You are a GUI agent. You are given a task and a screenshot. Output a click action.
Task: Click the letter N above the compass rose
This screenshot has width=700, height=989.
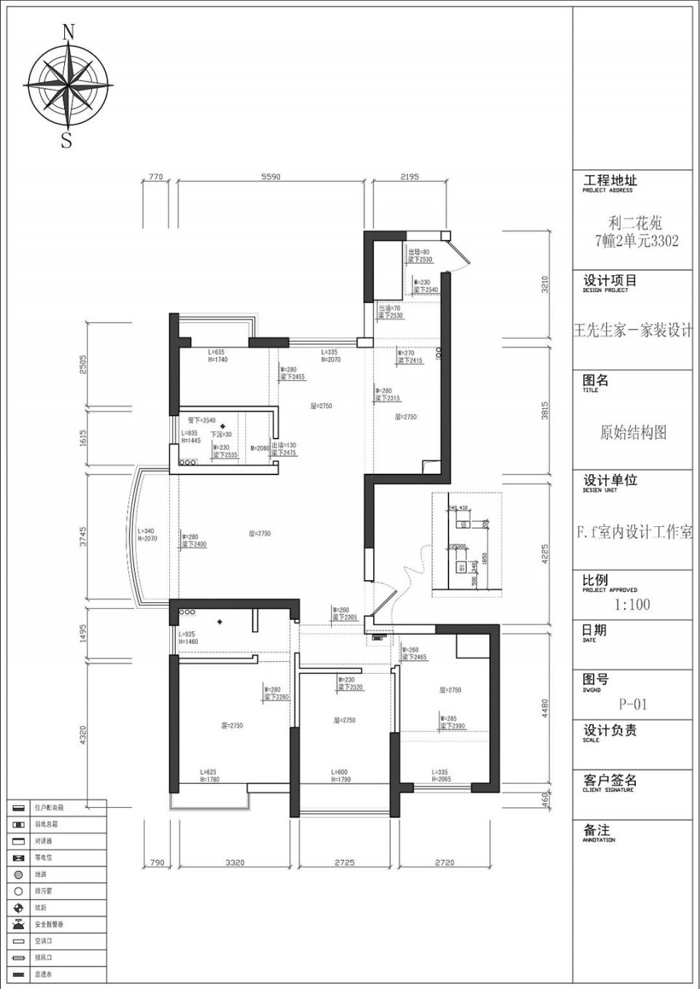(x=69, y=31)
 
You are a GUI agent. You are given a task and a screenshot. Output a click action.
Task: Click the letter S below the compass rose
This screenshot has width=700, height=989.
(x=67, y=139)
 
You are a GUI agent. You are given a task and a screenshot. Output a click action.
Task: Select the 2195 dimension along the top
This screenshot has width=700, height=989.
(x=410, y=177)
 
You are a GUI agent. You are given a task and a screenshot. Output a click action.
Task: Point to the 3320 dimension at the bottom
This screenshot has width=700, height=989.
(x=234, y=863)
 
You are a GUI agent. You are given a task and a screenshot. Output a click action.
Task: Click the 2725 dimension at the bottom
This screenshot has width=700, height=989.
(x=344, y=863)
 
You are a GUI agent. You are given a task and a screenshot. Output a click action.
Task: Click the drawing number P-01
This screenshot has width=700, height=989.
(x=633, y=704)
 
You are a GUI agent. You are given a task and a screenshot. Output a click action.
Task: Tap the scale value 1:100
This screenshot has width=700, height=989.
(x=632, y=604)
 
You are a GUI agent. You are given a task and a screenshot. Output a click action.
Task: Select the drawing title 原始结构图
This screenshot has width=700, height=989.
(x=633, y=432)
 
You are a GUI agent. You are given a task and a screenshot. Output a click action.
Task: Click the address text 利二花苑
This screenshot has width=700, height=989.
(x=635, y=223)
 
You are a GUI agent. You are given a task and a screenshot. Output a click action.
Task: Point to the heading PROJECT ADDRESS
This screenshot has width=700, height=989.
(x=607, y=191)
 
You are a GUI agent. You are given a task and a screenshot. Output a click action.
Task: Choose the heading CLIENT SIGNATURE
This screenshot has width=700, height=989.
(x=608, y=790)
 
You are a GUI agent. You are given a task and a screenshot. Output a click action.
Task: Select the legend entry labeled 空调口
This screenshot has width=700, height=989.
(x=43, y=941)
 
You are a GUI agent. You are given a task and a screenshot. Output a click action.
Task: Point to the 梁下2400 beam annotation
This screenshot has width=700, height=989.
(x=194, y=544)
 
